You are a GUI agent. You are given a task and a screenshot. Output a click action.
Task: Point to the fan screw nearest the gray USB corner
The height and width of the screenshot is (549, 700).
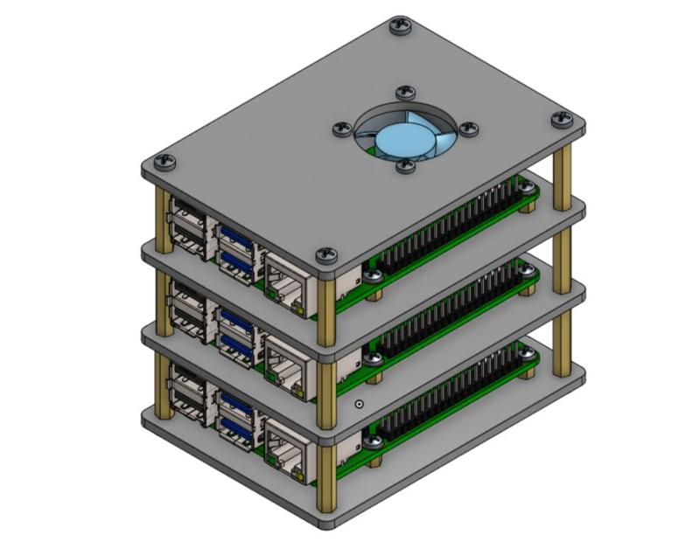click(x=339, y=129)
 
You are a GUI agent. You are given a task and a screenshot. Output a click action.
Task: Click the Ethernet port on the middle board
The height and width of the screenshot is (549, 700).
click(x=285, y=358)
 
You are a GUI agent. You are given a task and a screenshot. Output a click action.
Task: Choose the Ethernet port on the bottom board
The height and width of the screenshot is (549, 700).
click(x=285, y=441)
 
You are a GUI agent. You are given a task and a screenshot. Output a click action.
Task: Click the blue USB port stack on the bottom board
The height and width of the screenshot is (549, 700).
click(x=236, y=413)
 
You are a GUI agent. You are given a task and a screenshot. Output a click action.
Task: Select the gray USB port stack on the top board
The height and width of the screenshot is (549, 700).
click(x=190, y=226)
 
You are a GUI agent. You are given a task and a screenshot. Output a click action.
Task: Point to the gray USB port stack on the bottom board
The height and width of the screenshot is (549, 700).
click(x=190, y=391)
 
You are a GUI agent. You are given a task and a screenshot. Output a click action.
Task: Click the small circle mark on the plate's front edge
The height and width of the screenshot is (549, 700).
click(x=360, y=405)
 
